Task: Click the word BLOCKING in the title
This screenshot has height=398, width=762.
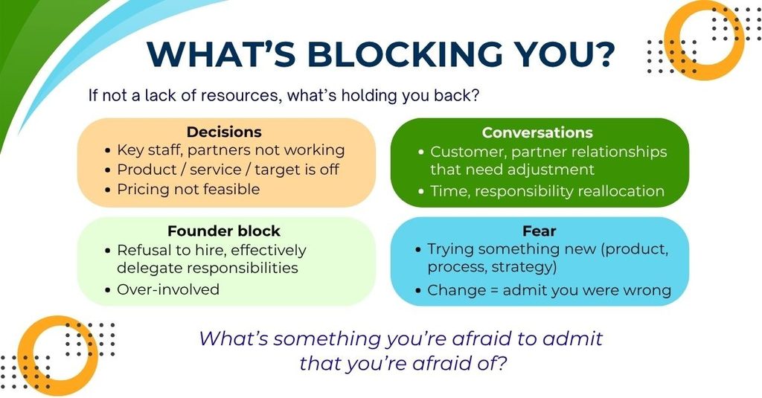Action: point(406,54)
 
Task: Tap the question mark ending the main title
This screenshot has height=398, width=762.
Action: point(603,54)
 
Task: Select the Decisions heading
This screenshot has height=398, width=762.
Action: point(224,132)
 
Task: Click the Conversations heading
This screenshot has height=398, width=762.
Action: point(537,132)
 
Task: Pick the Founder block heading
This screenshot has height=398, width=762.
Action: point(224,231)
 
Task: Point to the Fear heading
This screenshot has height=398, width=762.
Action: point(540,231)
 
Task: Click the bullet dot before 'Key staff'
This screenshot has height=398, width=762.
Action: point(108,151)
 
